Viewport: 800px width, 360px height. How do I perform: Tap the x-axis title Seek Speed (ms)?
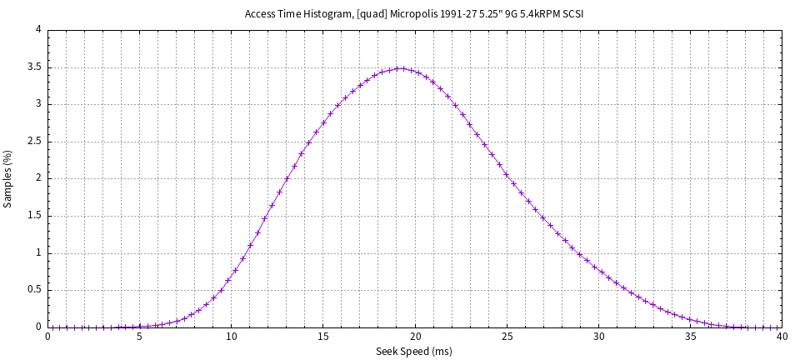414,352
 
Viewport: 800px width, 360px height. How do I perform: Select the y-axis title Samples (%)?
8,178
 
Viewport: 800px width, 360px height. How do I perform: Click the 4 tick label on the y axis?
38,30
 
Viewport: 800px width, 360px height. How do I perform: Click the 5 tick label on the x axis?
139,337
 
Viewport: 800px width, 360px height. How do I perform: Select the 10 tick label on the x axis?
231,337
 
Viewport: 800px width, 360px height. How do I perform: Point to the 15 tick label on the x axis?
322,337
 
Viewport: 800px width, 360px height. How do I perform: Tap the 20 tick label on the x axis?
414,337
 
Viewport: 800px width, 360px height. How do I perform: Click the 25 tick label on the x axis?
507,337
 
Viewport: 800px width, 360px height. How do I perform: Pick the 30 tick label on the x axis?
598,337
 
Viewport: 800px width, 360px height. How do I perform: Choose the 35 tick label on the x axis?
690,337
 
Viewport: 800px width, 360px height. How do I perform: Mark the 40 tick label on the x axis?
781,337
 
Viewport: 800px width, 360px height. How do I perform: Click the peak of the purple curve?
401,68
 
